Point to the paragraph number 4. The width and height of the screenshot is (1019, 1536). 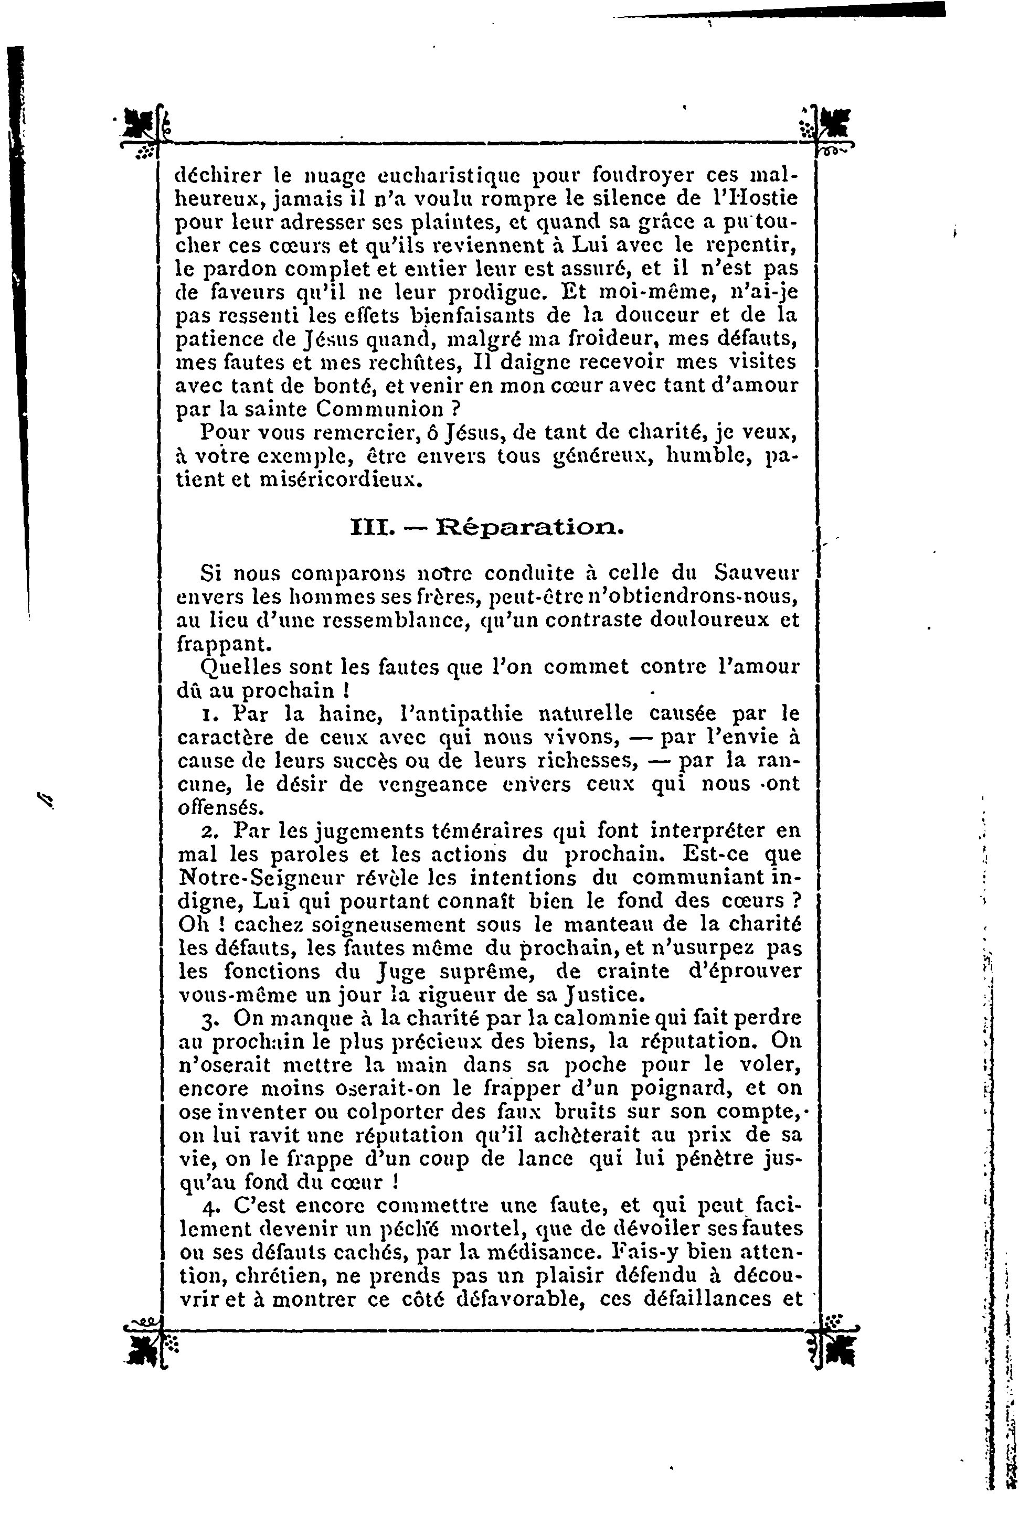pyautogui.click(x=209, y=1207)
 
